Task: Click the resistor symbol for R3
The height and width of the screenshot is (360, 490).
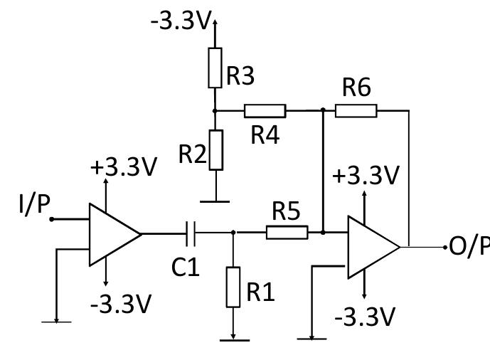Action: [215, 68]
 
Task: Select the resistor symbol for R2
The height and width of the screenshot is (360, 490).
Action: [215, 149]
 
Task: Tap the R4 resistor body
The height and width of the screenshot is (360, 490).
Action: [265, 111]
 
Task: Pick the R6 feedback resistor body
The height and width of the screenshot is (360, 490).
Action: [356, 111]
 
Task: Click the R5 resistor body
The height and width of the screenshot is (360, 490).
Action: [287, 232]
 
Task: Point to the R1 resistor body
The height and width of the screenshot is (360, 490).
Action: [233, 287]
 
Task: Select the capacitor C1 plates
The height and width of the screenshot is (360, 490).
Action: [190, 232]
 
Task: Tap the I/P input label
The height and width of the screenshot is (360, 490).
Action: [34, 204]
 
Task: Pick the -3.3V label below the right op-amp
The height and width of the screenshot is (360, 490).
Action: [364, 317]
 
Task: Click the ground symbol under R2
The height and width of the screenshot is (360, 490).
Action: [215, 201]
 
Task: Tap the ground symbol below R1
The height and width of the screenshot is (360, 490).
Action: [234, 340]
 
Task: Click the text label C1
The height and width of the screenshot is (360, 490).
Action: [186, 267]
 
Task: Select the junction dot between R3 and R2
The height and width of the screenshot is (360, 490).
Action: [215, 111]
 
